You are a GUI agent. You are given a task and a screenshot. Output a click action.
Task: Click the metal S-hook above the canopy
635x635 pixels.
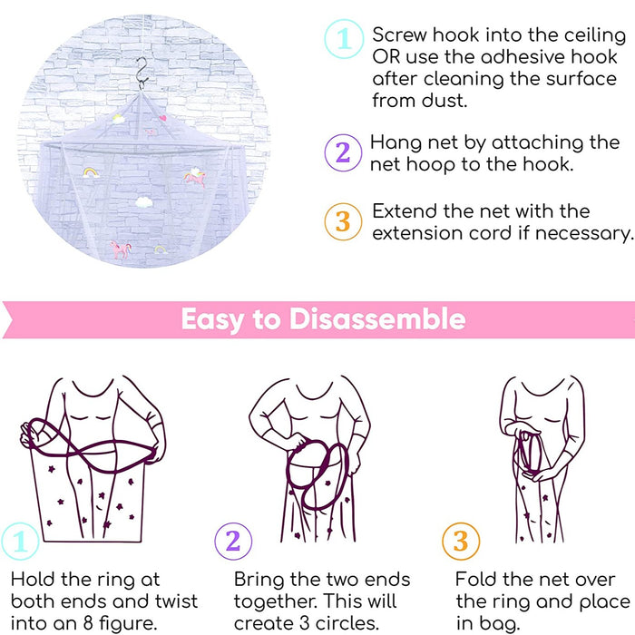[142, 73]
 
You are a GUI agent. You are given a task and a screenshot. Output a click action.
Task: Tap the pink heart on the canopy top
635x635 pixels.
[162, 118]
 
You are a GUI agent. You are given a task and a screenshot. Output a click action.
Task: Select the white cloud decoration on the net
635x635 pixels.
[144, 201]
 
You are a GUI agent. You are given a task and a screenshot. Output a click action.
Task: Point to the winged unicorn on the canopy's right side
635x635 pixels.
[195, 177]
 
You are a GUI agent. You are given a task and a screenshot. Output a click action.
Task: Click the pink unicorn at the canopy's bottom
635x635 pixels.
[121, 249]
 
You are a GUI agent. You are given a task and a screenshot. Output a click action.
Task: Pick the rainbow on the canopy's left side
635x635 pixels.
[91, 172]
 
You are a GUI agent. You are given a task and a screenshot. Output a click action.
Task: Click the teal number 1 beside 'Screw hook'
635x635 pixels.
[344, 39]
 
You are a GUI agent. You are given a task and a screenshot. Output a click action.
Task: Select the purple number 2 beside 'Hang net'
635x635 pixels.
[343, 152]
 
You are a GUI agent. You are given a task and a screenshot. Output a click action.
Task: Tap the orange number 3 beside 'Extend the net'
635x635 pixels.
[343, 221]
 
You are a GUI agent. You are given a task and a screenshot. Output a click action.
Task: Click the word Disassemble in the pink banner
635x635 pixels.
[377, 319]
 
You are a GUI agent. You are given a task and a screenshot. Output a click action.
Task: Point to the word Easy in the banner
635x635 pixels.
[213, 320]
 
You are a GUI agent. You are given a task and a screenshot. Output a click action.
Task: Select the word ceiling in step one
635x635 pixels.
[595, 35]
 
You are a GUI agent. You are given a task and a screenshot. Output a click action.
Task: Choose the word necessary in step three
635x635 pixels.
[583, 233]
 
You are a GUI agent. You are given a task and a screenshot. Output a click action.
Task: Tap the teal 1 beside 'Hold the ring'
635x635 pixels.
[20, 541]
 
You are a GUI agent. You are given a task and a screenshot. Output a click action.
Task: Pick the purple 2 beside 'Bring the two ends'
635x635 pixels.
[233, 541]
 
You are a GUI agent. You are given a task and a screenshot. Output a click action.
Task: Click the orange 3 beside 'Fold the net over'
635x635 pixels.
[461, 541]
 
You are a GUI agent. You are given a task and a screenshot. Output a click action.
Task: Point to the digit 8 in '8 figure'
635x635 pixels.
[88, 623]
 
